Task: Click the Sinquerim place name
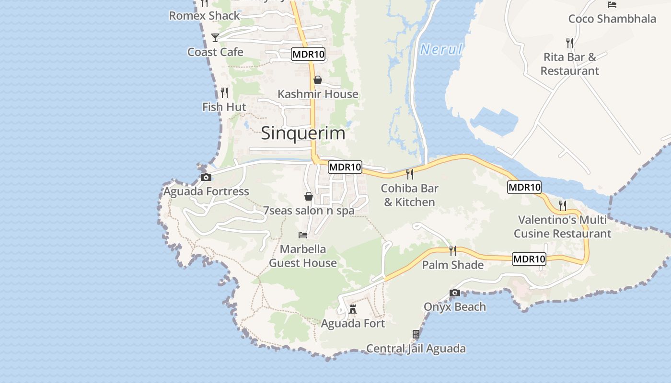point(303,133)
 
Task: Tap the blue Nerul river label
point(441,49)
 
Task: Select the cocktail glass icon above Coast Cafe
point(215,37)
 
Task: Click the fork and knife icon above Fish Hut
point(224,92)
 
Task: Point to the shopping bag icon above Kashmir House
point(317,79)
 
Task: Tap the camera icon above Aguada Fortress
point(206,177)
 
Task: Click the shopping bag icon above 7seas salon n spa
point(309,196)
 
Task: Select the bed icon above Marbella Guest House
point(303,235)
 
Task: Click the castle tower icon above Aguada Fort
point(353,309)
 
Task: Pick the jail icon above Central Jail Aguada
point(416,334)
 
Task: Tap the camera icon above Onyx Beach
point(455,293)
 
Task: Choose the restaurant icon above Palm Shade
point(452,250)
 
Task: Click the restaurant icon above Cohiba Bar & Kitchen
point(409,174)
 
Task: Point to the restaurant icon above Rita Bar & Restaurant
point(569,43)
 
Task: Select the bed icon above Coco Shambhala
point(612,5)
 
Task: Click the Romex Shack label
point(204,16)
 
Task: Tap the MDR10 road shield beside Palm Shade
point(529,259)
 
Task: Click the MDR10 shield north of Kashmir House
point(308,54)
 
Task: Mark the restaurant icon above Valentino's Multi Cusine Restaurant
point(562,205)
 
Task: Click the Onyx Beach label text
point(455,307)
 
